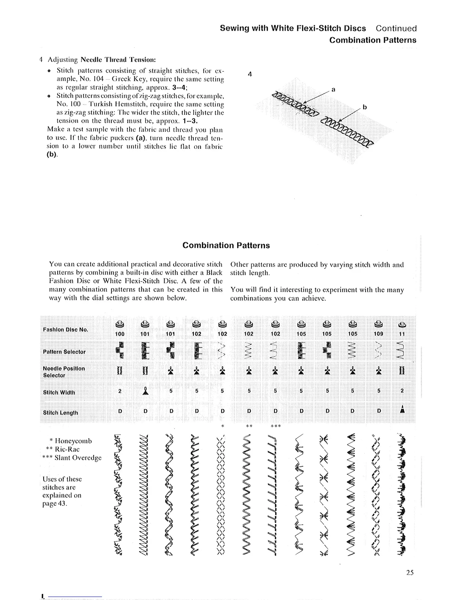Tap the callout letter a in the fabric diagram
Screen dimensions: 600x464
click(333, 90)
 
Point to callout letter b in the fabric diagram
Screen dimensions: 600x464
click(365, 107)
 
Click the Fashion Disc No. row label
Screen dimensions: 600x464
click(66, 330)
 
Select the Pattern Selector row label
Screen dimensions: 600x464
click(64, 352)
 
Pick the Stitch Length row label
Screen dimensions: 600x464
click(60, 413)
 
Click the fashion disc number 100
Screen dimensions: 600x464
click(119, 334)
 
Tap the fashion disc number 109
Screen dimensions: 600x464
click(378, 334)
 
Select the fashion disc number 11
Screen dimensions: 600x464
click(402, 334)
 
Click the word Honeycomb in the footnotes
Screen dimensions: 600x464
click(73, 441)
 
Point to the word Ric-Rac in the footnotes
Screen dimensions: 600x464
click(67, 449)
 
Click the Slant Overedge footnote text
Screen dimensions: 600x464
click(78, 458)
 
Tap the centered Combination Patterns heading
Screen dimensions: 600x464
click(226, 245)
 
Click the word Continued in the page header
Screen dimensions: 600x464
click(396, 28)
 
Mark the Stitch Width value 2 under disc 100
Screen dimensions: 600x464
click(119, 391)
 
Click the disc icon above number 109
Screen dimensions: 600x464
click(378, 324)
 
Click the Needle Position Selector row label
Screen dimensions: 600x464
click(64, 372)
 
